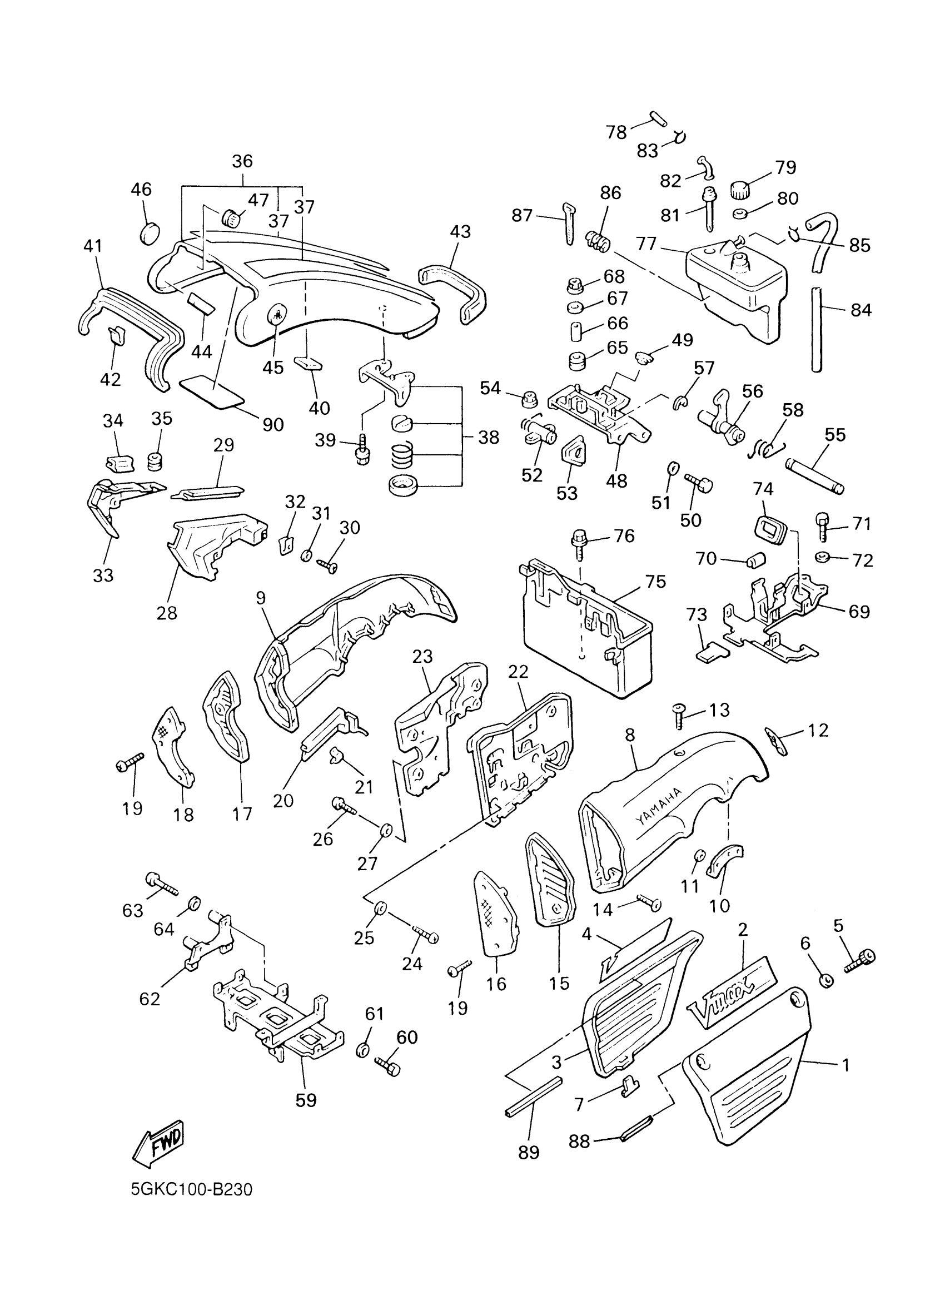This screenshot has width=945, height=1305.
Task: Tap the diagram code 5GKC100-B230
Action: (192, 1189)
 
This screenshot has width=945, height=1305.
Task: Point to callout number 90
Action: (272, 425)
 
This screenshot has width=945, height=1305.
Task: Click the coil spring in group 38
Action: (405, 456)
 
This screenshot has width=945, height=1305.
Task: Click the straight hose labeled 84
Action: (816, 330)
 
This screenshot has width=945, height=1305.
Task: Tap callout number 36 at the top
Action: (242, 162)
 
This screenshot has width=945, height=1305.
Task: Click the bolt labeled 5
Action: (861, 961)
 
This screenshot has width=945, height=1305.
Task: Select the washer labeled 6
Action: (825, 980)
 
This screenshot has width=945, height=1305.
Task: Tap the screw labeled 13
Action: (679, 717)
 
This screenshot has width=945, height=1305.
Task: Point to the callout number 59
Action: (306, 1101)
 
